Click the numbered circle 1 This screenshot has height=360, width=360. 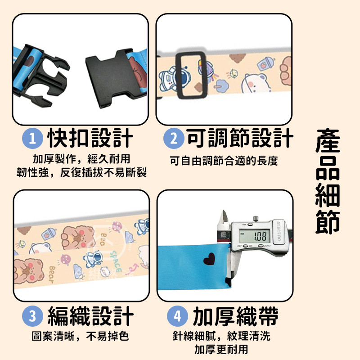32,139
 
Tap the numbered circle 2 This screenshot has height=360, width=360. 174,139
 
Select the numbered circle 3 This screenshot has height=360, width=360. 32,316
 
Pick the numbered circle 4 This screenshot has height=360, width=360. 177,316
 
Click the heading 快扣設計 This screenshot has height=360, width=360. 90,138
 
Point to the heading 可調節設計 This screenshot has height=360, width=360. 240,138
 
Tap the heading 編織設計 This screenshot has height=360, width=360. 91,316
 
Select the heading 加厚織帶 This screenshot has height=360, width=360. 236,316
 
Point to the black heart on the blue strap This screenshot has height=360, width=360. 209,259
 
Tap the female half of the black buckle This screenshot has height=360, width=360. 109,78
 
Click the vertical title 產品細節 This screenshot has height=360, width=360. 328,181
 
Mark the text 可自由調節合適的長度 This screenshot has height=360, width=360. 224,161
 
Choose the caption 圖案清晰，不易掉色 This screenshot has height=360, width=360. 80,336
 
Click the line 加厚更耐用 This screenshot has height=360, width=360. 221,349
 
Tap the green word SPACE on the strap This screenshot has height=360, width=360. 116,262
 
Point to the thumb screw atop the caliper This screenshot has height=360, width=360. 256,218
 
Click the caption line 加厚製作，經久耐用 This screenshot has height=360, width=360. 81,159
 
